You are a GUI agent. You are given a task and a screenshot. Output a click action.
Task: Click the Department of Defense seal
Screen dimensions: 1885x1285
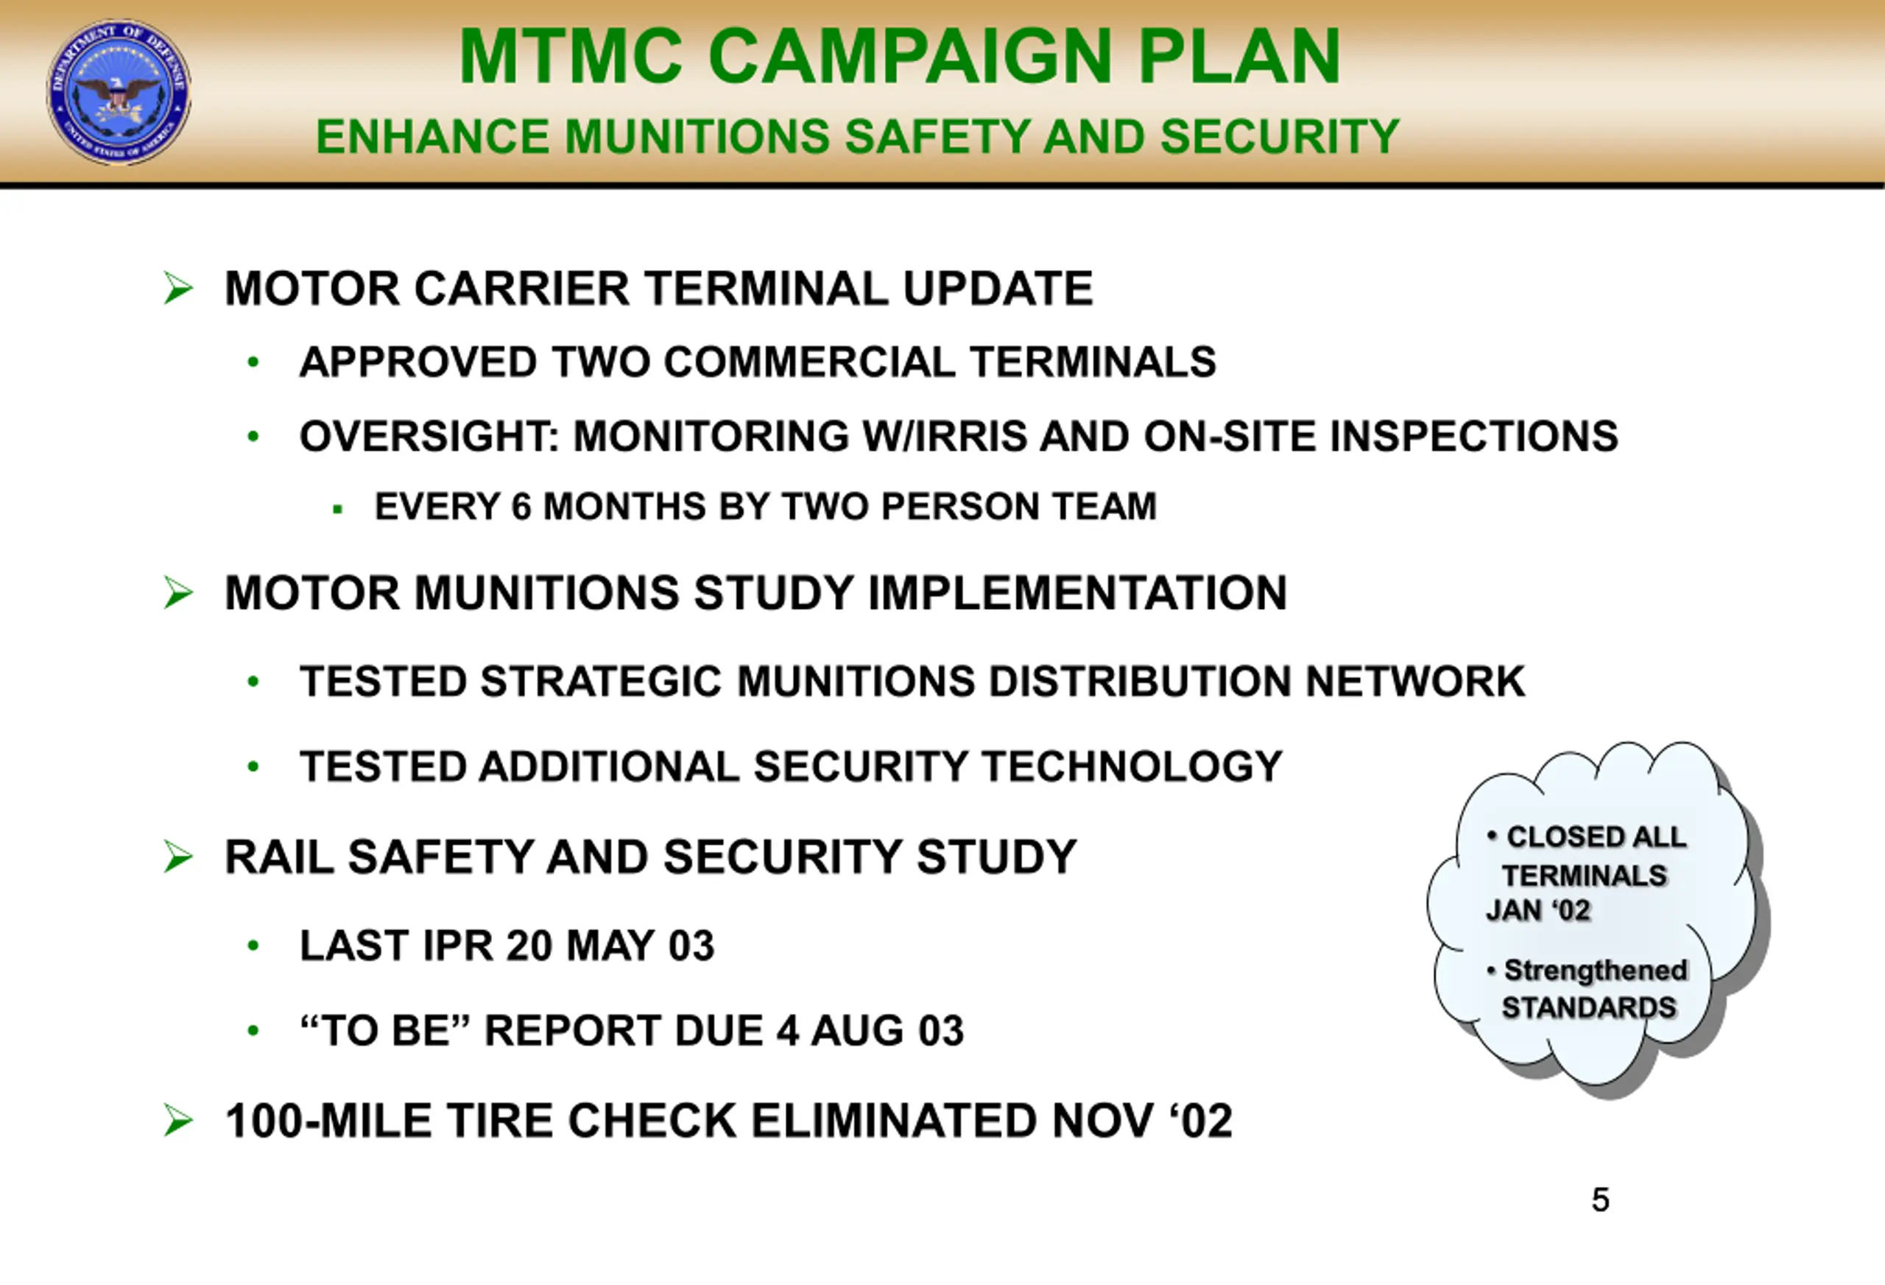pos(119,93)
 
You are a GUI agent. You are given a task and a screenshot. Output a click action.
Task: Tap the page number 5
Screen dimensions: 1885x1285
pos(1600,1200)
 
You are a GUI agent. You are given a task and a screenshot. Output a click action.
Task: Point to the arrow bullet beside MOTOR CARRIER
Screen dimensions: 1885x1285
pos(178,289)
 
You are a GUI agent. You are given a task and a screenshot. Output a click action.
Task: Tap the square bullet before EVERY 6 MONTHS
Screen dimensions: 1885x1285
pos(338,510)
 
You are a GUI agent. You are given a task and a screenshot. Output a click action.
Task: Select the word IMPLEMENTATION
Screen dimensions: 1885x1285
pos(1078,593)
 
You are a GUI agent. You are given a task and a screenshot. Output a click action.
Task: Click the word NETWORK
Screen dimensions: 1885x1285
pos(1415,681)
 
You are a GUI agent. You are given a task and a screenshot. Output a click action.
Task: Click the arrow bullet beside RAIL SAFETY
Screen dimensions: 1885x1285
pos(178,857)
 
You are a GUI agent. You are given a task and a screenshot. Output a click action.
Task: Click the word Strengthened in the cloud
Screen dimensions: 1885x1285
pos(1596,971)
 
